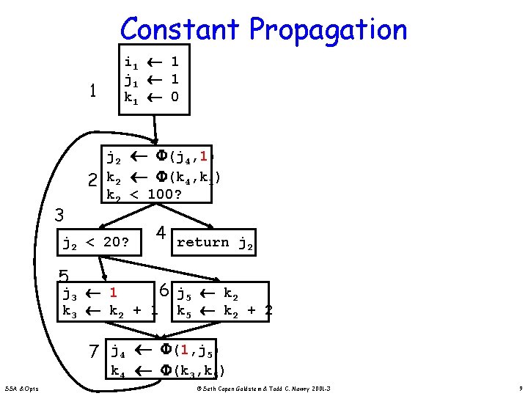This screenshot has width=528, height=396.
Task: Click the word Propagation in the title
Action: (328, 31)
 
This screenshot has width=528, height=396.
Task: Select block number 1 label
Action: (92, 91)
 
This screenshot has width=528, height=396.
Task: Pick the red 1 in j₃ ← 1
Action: (114, 294)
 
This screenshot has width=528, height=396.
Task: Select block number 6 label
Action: (166, 291)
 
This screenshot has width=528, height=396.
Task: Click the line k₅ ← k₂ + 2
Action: (224, 311)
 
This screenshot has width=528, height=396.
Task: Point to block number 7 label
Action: (94, 352)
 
